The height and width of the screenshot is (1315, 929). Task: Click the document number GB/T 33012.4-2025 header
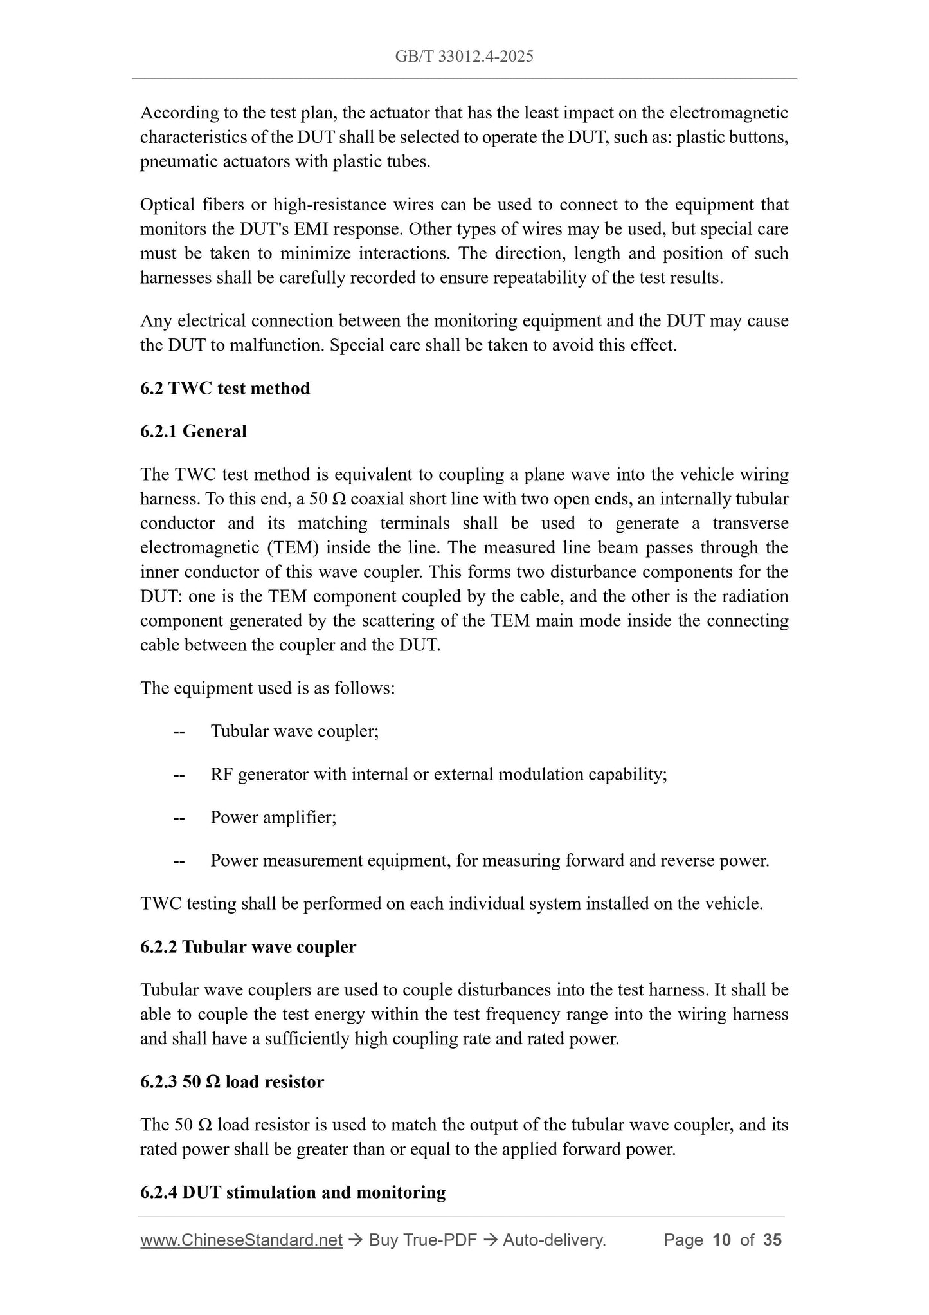(464, 57)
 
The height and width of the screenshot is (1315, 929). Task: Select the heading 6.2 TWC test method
(225, 388)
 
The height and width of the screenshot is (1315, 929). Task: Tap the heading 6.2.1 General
(194, 431)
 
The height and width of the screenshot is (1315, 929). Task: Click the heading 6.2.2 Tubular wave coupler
(248, 947)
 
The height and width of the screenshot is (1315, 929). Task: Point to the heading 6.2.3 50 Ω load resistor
(232, 1081)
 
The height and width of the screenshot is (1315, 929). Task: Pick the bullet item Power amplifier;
(273, 817)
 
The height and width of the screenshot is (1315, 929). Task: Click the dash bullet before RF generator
(179, 775)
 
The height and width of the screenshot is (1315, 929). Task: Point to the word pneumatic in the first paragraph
(176, 161)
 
